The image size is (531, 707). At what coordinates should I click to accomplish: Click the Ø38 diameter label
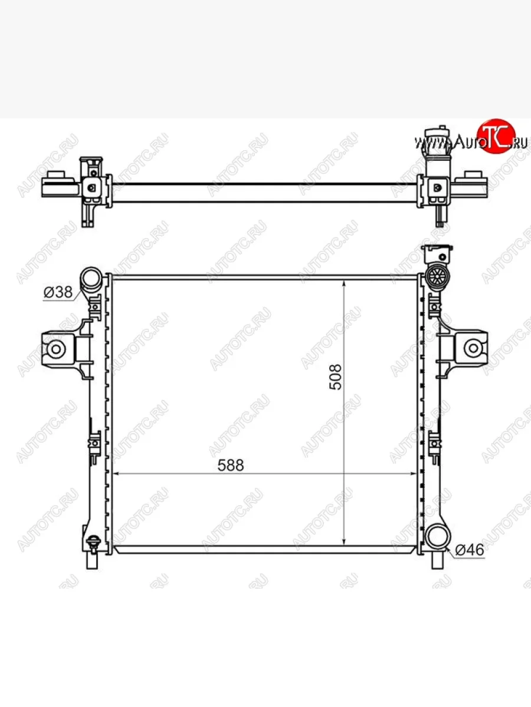coord(58,292)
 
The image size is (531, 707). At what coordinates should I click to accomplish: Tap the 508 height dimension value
coord(335,377)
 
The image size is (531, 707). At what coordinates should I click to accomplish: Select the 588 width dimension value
coord(231,465)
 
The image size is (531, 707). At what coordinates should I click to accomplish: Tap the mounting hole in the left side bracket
coord(56,349)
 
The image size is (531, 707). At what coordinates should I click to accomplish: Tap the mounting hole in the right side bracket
coord(473,348)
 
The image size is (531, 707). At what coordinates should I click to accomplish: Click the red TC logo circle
coord(496,136)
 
